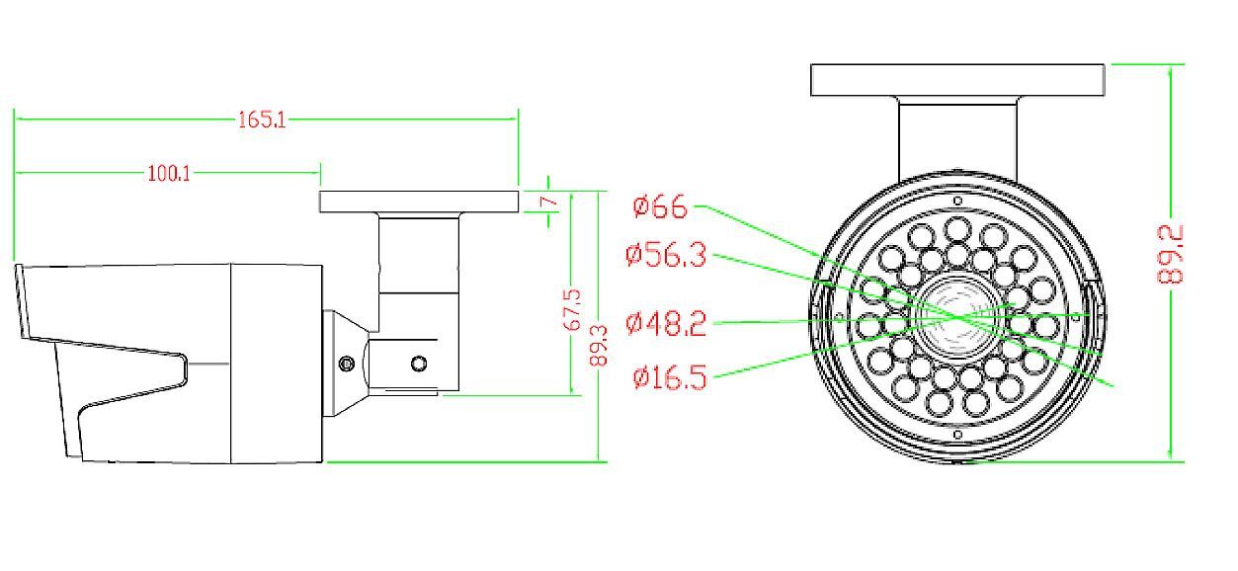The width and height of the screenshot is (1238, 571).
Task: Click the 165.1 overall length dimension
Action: coord(262,120)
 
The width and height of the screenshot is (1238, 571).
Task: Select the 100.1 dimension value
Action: coord(169,174)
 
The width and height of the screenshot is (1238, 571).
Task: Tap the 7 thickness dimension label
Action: coord(553,203)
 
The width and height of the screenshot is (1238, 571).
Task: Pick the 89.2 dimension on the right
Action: coord(1171,255)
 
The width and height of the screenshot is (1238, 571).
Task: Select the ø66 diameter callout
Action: coord(660,206)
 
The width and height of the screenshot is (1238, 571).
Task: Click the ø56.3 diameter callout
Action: coord(666,255)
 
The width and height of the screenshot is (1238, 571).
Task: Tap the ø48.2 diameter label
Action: coord(666,323)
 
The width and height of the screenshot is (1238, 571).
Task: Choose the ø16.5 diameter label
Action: coord(669,377)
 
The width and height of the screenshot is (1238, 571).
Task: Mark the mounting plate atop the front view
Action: coord(956,80)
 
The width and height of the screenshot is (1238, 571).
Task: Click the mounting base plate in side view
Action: coord(419,202)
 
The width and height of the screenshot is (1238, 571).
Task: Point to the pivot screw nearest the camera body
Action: coord(346,364)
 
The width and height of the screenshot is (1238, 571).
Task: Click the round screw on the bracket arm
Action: coord(419,365)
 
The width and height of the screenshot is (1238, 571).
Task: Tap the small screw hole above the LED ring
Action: coord(956,201)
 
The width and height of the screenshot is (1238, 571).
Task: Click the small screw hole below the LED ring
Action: coord(956,434)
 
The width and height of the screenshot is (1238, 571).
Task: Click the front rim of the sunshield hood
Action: coord(20,301)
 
